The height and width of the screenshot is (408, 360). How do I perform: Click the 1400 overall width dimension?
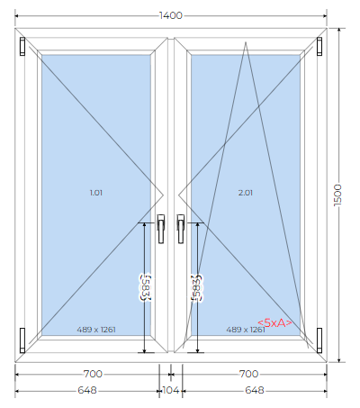tap(171, 15)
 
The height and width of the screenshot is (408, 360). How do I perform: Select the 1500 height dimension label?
tap(338, 195)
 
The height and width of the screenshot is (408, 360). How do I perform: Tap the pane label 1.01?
tap(96, 193)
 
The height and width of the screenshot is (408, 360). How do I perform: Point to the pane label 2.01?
tap(246, 193)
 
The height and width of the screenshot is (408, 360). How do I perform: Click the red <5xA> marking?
tap(274, 323)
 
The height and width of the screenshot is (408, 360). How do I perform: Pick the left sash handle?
tap(161, 229)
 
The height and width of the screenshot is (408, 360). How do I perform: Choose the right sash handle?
tap(181, 229)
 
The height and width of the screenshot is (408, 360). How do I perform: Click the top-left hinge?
tap(22, 46)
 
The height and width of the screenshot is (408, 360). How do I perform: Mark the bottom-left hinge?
tap(22, 340)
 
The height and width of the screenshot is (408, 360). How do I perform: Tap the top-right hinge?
tap(319, 46)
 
